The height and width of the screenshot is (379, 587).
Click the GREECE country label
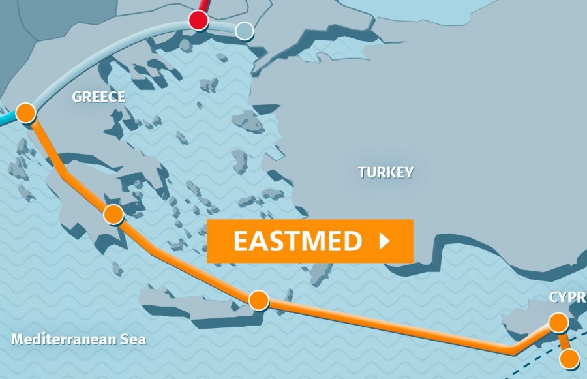pyautogui.click(x=98, y=97)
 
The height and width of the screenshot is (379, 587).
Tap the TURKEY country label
pyautogui.click(x=385, y=172)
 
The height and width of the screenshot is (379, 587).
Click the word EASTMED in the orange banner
pyautogui.click(x=297, y=241)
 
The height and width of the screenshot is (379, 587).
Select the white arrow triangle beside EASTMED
pyautogui.click(x=384, y=241)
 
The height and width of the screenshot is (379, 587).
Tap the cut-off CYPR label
pyautogui.click(x=567, y=297)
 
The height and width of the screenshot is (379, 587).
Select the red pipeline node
pyautogui.click(x=198, y=20)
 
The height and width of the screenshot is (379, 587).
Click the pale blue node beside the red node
pyautogui.click(x=244, y=30)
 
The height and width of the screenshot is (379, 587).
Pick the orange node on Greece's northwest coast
pyautogui.click(x=25, y=113)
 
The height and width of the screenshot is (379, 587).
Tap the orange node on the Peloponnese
pyautogui.click(x=113, y=214)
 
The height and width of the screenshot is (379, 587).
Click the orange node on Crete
pyautogui.click(x=259, y=300)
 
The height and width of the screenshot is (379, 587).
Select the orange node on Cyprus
pyautogui.click(x=558, y=322)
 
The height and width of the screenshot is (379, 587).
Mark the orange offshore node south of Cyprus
pyautogui.click(x=569, y=358)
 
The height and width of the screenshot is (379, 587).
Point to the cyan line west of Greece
pyautogui.click(x=7, y=120)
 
